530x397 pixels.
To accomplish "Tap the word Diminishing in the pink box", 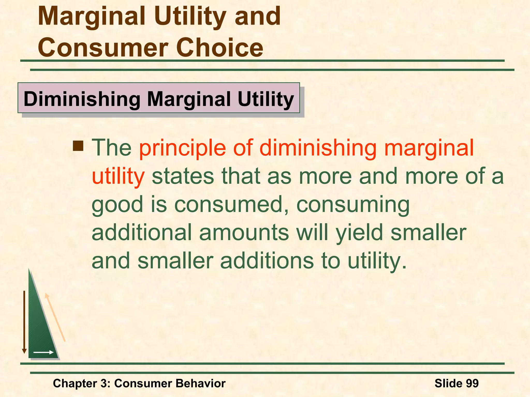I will click(82, 99).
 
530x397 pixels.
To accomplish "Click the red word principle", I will click(182, 148).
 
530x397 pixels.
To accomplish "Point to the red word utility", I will click(118, 176).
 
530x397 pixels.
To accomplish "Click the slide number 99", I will click(472, 383).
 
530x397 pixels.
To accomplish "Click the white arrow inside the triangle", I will click(43, 352).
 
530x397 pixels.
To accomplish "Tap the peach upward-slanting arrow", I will click(55, 317).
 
